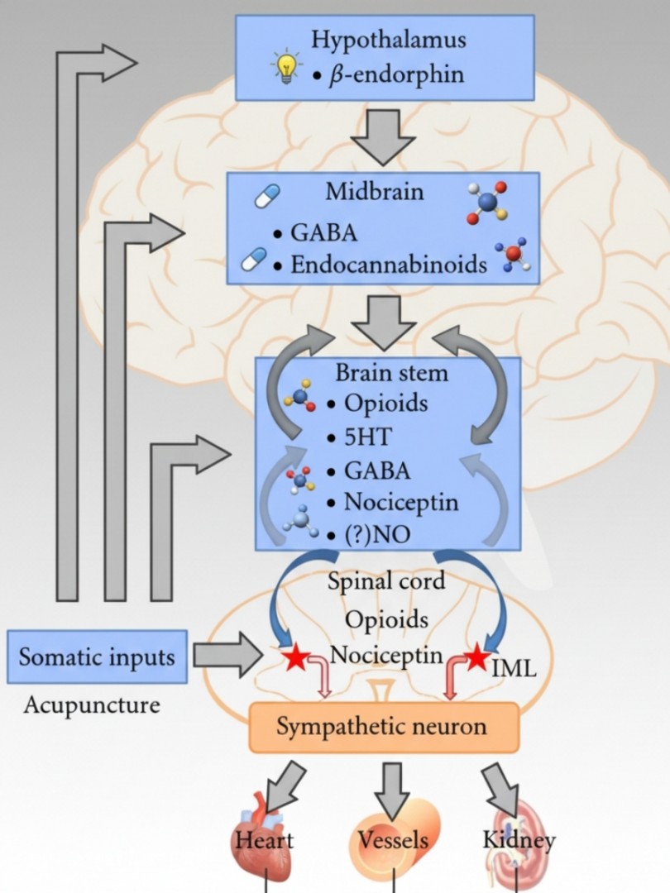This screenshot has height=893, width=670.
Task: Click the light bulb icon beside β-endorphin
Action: (x=286, y=67)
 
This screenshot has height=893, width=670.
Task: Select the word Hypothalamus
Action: (x=389, y=40)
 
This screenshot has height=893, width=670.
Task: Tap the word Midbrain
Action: (x=375, y=191)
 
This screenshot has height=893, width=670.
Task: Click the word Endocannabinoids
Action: (x=389, y=265)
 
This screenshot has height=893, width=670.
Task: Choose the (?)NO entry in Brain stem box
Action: (x=369, y=535)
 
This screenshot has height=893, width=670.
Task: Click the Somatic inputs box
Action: (x=97, y=657)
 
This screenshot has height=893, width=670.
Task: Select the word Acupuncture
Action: (x=92, y=705)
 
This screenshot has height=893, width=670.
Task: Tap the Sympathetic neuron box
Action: (x=384, y=728)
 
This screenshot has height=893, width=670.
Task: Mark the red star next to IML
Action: (x=477, y=657)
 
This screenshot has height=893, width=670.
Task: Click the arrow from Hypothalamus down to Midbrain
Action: (x=383, y=137)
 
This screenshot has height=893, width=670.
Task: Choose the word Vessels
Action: (x=393, y=840)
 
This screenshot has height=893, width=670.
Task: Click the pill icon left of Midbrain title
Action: (x=266, y=196)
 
